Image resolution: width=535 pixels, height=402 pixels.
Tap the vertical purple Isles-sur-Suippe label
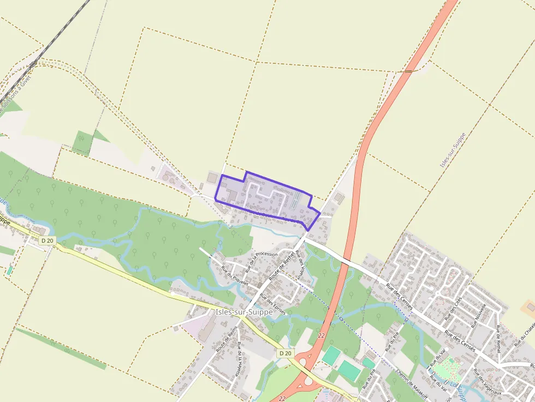pyautogui.click(x=451, y=149)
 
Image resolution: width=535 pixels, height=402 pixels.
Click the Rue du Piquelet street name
pyautogui.click(x=235, y=275)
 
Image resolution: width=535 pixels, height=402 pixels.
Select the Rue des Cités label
pyautogui.click(x=454, y=308)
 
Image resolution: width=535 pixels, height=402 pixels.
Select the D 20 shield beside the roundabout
pyautogui.click(x=284, y=353)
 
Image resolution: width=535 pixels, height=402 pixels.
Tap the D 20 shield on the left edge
pyautogui.click(x=47, y=241)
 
